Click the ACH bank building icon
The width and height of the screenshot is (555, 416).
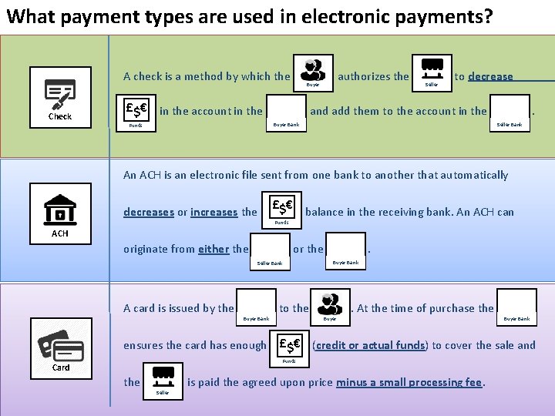point(60,209)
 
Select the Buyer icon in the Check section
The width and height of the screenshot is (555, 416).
point(314,69)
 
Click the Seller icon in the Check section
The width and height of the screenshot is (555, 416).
point(432,69)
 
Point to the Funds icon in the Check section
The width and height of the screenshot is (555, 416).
point(136,107)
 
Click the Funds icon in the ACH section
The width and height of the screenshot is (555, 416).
point(281,206)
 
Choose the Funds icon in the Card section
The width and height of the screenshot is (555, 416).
point(289,344)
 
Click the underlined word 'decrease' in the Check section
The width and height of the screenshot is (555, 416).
point(490,76)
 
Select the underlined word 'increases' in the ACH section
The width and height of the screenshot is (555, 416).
point(214,213)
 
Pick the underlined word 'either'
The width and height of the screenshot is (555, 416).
point(214,249)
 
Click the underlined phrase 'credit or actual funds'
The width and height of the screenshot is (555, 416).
point(369,345)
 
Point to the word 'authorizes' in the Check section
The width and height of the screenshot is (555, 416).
point(374,76)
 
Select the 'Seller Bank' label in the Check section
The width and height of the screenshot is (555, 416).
point(509,124)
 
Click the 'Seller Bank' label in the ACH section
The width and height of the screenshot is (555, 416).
point(269,263)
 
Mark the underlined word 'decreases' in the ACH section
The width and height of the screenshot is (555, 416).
point(149,213)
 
